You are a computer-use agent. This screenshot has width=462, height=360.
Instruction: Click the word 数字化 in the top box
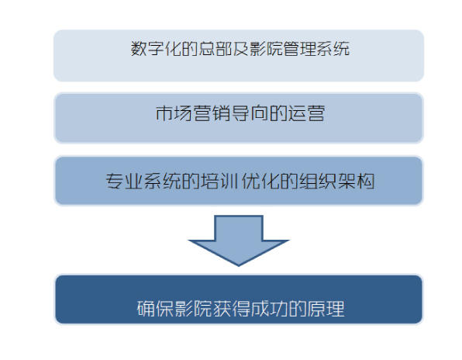tap(156, 48)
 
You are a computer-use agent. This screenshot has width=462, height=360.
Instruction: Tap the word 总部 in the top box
tap(215, 48)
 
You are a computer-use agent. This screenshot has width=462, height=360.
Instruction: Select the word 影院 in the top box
tap(266, 48)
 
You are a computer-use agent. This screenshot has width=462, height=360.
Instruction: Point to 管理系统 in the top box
tap(316, 48)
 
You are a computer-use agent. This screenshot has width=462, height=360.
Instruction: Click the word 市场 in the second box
tap(174, 113)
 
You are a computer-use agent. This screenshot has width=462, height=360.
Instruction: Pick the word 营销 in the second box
tap(212, 113)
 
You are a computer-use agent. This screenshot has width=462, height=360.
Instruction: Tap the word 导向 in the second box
tap(250, 113)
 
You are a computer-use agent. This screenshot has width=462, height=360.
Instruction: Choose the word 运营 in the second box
tap(306, 113)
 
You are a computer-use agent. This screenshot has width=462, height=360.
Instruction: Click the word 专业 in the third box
tap(124, 181)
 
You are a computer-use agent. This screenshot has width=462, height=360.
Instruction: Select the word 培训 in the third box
tap(219, 181)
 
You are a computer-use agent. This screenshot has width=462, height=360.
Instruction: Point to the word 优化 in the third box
tap(259, 181)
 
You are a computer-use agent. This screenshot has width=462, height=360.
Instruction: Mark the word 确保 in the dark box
tap(155, 309)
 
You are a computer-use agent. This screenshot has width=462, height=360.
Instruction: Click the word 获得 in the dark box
tap(231, 309)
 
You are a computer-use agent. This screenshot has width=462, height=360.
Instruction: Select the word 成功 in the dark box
tap(269, 309)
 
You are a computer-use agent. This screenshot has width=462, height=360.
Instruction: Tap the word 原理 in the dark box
tap(326, 309)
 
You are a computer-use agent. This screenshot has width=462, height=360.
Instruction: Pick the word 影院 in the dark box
tap(193, 309)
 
